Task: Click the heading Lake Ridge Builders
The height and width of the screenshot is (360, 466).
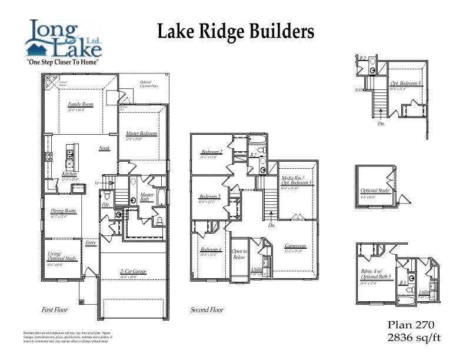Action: (x=235, y=32)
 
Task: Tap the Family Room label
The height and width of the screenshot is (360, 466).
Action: (x=81, y=105)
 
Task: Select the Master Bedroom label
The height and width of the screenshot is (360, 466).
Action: (x=141, y=134)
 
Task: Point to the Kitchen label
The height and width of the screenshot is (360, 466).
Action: (x=69, y=175)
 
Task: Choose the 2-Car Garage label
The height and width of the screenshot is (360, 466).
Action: (x=133, y=271)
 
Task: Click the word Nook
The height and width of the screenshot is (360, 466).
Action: (x=104, y=148)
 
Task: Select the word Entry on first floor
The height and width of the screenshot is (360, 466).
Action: (x=91, y=243)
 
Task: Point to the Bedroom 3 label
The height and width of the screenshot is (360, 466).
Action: (x=209, y=196)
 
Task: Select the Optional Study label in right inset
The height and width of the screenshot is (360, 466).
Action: (x=374, y=191)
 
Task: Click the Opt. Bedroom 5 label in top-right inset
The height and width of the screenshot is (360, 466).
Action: (x=406, y=84)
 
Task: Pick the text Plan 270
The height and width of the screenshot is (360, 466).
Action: (x=411, y=325)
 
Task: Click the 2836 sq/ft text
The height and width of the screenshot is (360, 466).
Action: (x=414, y=337)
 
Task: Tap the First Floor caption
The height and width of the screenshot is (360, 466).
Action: (x=55, y=309)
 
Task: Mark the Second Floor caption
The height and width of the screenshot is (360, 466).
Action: (x=208, y=309)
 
